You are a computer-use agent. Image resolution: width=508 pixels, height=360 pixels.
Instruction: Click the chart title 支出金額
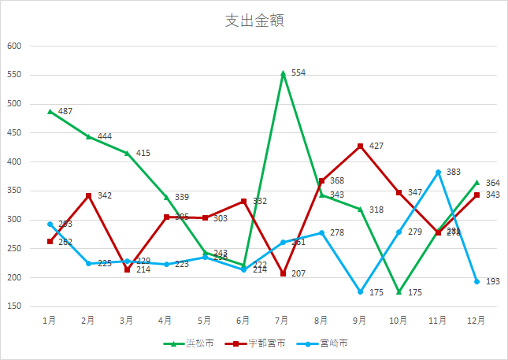pos(254,21)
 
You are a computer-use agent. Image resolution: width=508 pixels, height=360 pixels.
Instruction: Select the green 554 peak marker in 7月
pos(283,72)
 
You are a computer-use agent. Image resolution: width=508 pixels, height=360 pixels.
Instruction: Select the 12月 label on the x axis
pos(476,321)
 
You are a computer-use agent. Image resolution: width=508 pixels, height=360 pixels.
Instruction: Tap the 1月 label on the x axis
pos(50,321)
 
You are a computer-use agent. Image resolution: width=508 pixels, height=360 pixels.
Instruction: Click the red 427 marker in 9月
pos(361,147)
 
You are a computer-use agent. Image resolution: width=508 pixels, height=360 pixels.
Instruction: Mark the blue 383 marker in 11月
pos(438,172)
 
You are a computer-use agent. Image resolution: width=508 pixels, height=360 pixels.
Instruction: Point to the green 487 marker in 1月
pos(50,111)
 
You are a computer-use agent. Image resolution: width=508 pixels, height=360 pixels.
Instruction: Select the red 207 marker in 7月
pos(283,273)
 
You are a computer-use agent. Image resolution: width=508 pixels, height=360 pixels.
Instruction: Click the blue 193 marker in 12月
pos(476,281)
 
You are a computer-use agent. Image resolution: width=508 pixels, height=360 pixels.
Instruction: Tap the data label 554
pos(298,72)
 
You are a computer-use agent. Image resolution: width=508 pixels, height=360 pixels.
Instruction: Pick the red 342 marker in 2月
pos(89,195)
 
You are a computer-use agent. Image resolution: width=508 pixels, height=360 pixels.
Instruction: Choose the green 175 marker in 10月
pos(399,291)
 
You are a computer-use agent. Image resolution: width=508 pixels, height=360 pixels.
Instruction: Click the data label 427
pos(376,147)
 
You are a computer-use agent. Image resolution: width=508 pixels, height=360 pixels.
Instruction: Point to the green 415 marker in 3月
pos(128,153)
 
